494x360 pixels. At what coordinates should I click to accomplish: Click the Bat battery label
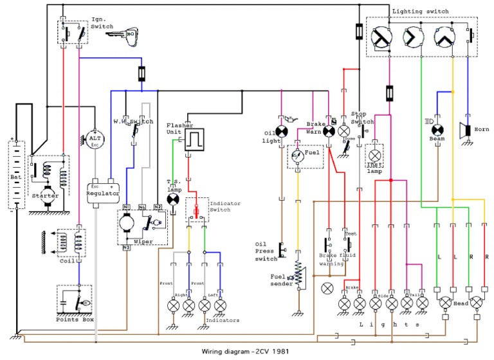tap(15, 175)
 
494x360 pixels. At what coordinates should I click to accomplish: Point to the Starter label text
tap(45, 195)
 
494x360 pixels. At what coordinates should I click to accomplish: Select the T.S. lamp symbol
tap(172, 199)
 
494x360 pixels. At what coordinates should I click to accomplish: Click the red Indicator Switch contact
tap(196, 210)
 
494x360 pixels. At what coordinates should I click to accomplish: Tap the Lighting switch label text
tap(420, 11)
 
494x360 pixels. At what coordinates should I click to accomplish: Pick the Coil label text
tap(66, 260)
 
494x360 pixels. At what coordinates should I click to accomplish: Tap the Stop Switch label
tap(362, 118)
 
